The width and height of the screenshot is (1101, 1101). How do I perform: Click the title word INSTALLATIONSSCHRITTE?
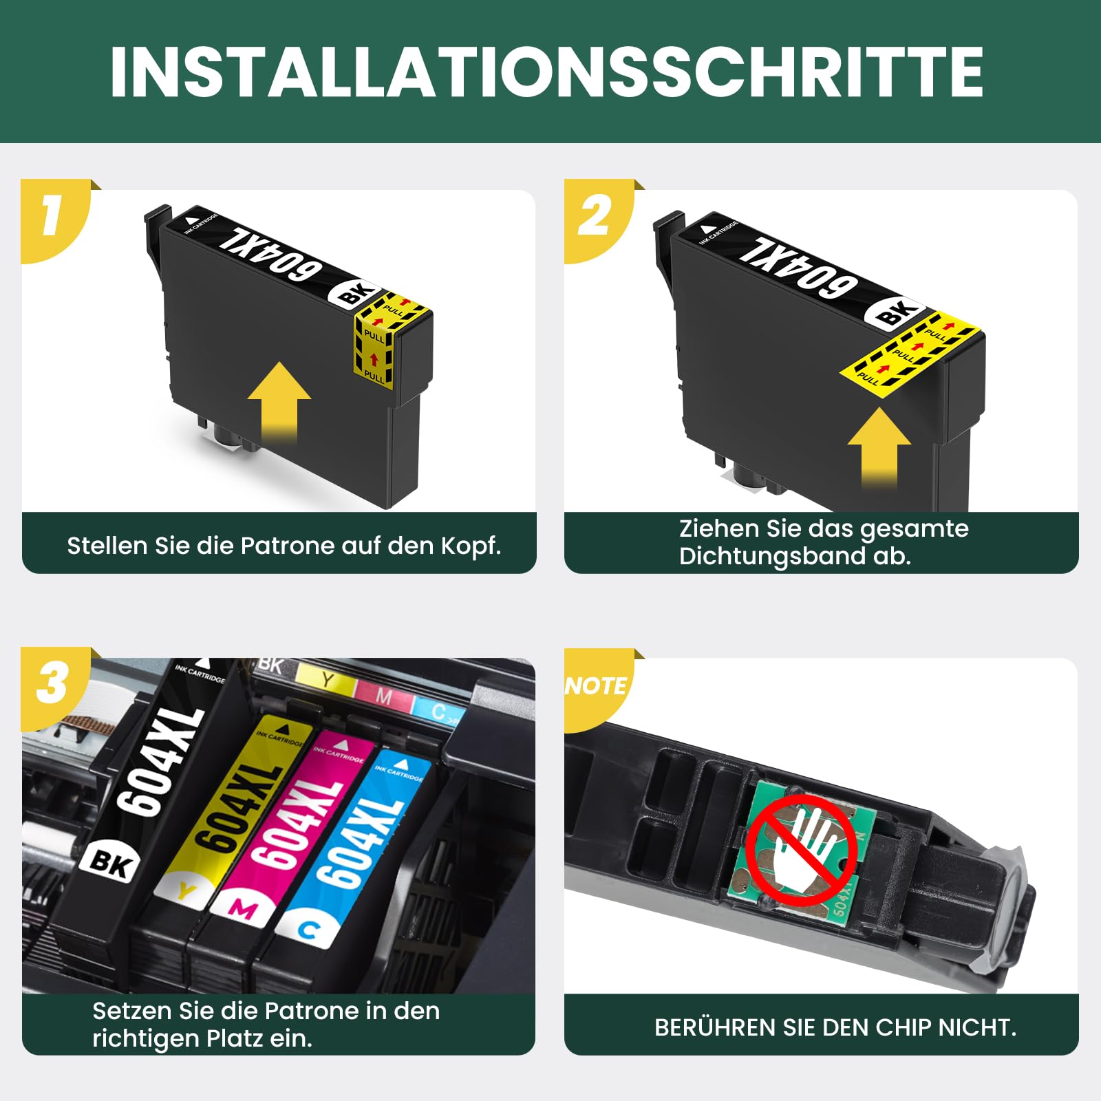click(x=546, y=72)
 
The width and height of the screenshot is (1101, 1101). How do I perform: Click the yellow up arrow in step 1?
click(x=279, y=403)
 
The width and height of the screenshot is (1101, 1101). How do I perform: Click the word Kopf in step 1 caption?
click(x=471, y=546)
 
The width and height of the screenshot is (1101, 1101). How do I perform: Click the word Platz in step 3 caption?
click(x=235, y=1038)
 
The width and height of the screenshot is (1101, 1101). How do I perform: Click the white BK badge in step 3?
click(x=110, y=862)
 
